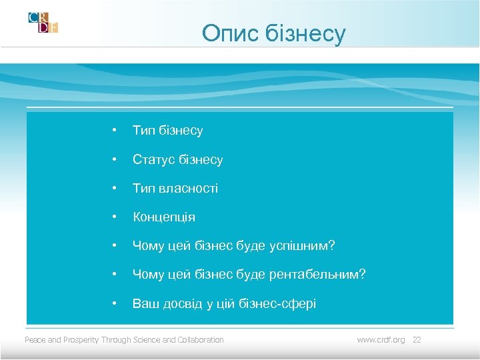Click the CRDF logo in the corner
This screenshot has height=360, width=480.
[x=43, y=22]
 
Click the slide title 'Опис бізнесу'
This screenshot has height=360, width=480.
[x=274, y=33]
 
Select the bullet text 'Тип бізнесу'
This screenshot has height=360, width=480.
[x=167, y=131]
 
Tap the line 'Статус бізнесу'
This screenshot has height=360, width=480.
[x=177, y=160]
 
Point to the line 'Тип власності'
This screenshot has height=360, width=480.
[x=175, y=189]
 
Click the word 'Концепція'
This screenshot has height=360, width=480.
[x=164, y=217]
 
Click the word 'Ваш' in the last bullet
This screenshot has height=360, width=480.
[x=143, y=304]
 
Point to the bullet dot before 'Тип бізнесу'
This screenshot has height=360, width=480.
[x=115, y=131]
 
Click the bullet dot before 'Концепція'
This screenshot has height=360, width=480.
[x=115, y=217]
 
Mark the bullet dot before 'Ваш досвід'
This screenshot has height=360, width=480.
[x=115, y=304]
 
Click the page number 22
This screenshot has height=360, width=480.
[x=417, y=340]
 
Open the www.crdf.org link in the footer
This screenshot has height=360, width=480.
[x=381, y=340]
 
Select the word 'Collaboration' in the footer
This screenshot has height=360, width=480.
[x=202, y=340]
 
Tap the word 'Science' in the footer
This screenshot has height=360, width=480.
[x=147, y=340]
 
